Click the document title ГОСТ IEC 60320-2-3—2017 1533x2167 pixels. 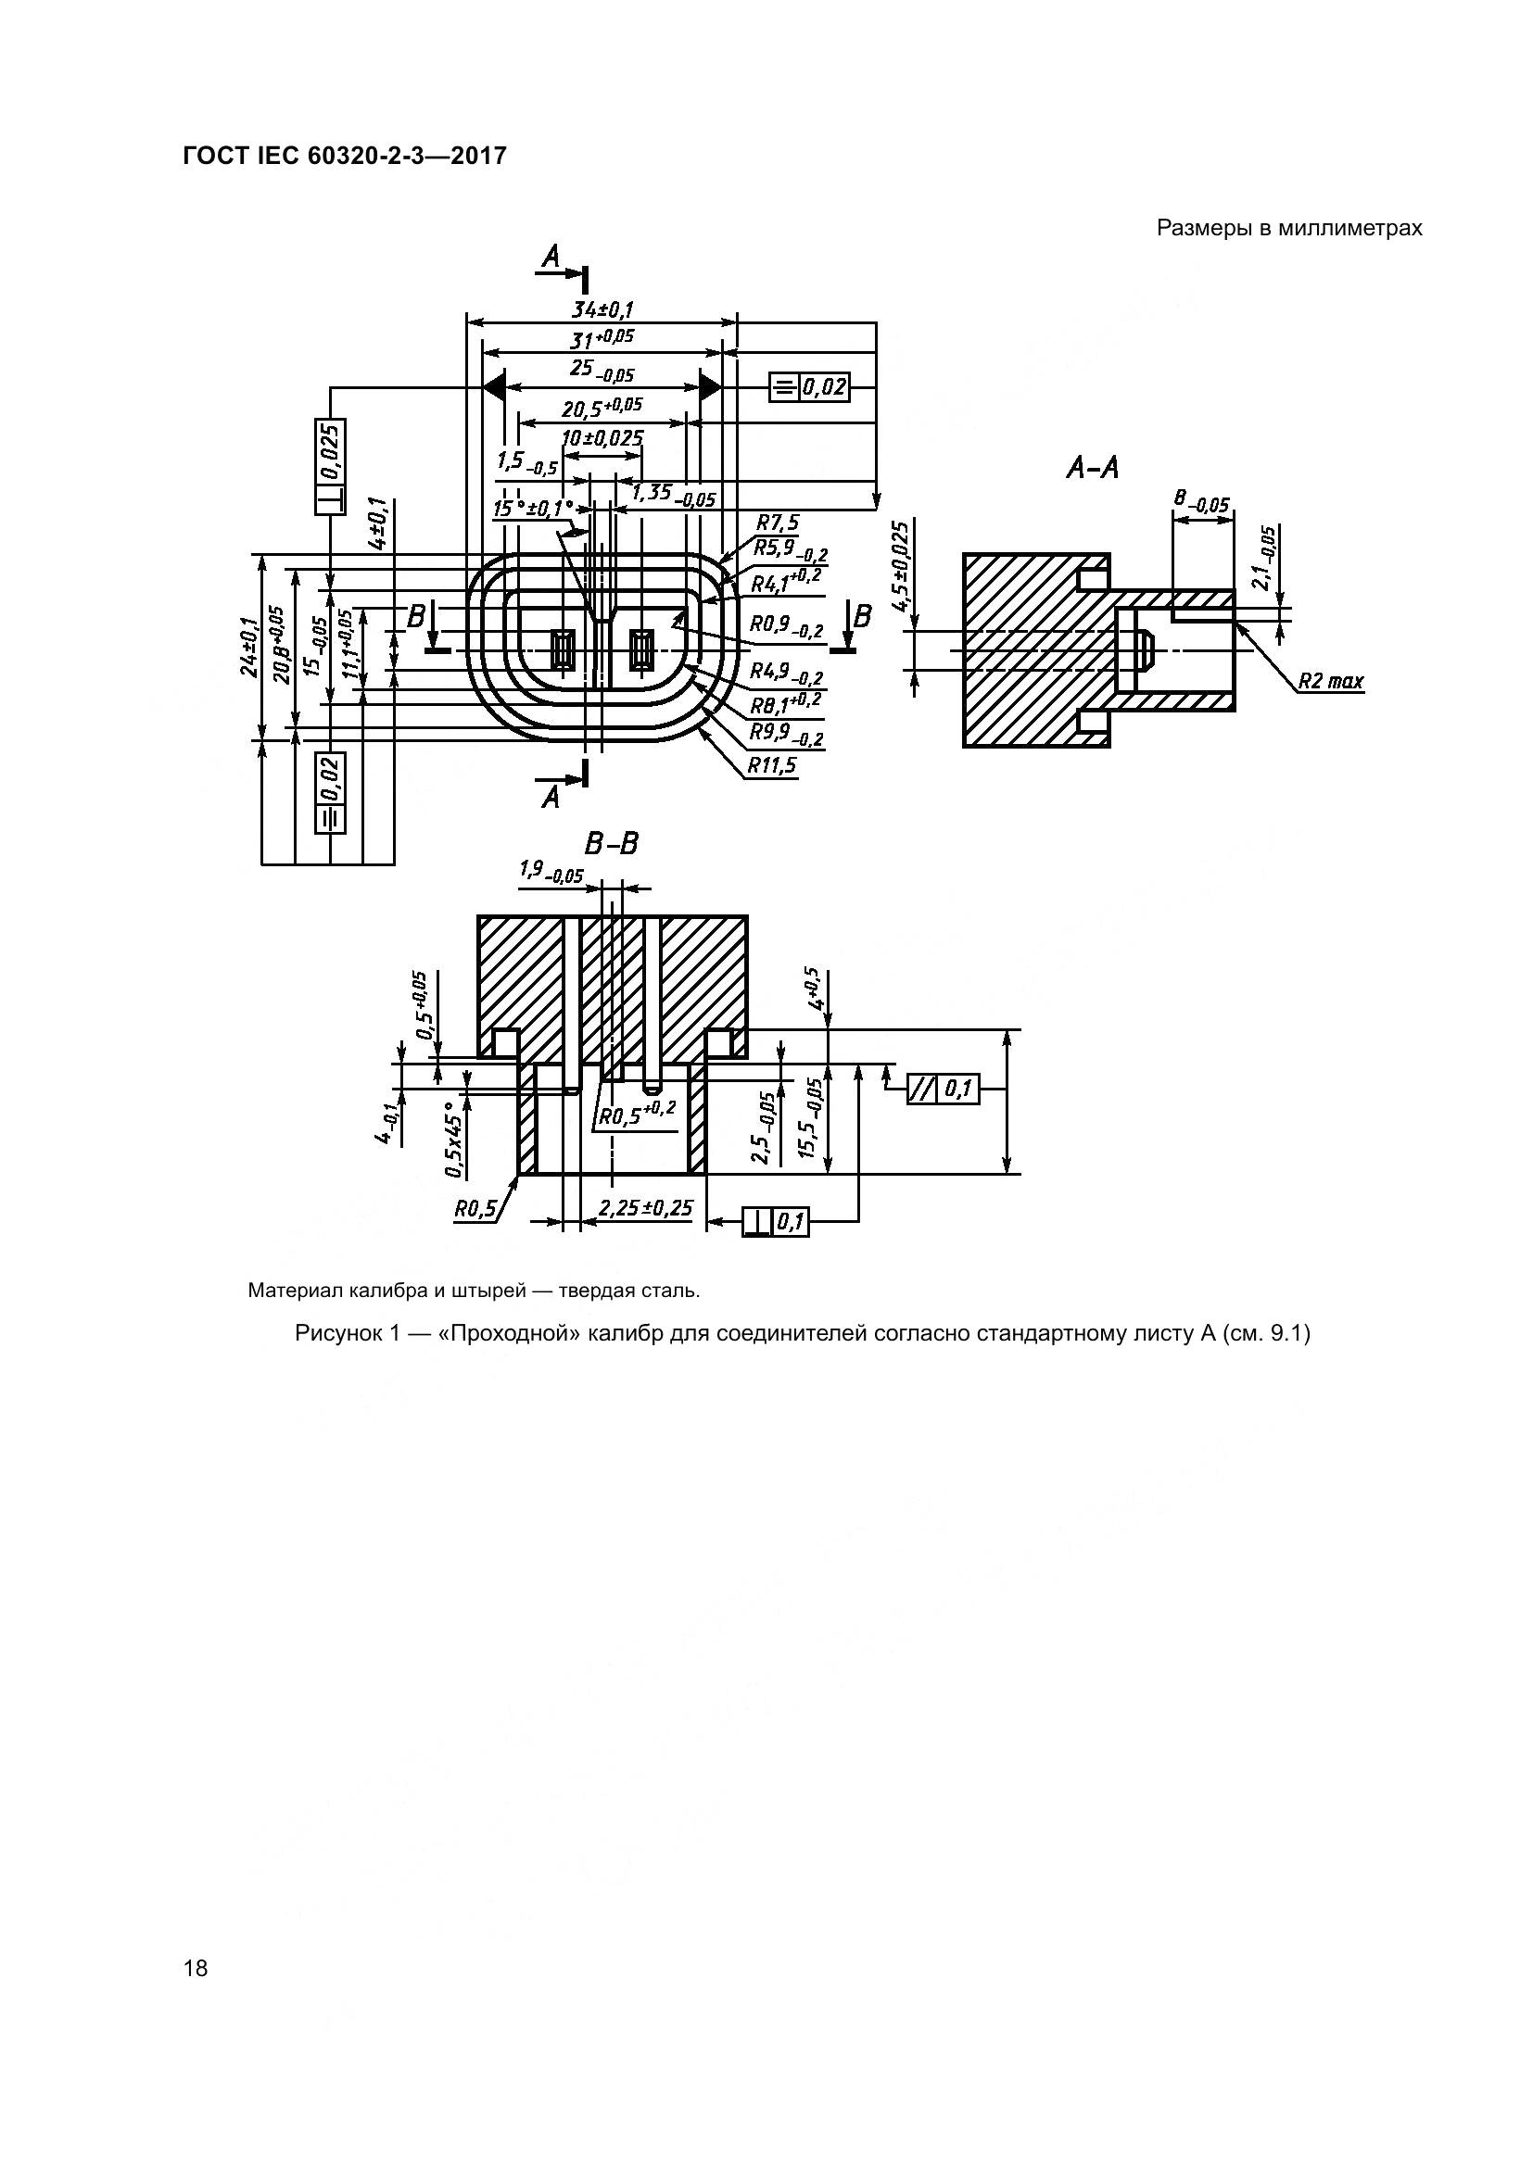click(345, 156)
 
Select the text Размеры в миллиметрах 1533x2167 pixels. click(1288, 229)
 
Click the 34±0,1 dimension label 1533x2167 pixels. click(602, 309)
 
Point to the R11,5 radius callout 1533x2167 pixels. click(772, 764)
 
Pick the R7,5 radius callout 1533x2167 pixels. click(777, 523)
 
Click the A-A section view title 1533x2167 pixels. click(1092, 467)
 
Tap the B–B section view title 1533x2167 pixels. click(612, 843)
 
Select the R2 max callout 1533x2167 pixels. click(1331, 681)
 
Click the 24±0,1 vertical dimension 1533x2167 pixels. click(248, 647)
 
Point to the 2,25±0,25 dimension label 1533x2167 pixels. click(646, 1208)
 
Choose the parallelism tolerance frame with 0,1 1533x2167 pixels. click(942, 1090)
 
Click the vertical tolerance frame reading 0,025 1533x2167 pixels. click(330, 466)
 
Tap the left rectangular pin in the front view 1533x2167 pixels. click(564, 650)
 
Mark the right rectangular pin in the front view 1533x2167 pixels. click(642, 650)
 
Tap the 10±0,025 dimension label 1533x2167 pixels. click(602, 439)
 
